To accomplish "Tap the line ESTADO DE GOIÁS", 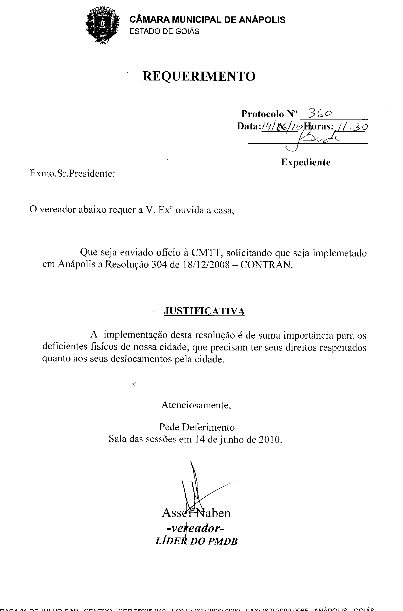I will pyautogui.click(x=164, y=31).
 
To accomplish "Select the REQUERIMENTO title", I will pyautogui.click(x=199, y=76).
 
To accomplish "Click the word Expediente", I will pyautogui.click(x=306, y=162).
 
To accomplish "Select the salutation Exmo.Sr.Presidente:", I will pyautogui.click(x=72, y=174).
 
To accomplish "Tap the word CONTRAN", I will pyautogui.click(x=266, y=265).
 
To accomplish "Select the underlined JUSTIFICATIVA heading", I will pyautogui.click(x=204, y=311).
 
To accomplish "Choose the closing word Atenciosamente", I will pyautogui.click(x=196, y=405).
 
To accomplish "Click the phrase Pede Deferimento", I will pyautogui.click(x=197, y=427).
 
